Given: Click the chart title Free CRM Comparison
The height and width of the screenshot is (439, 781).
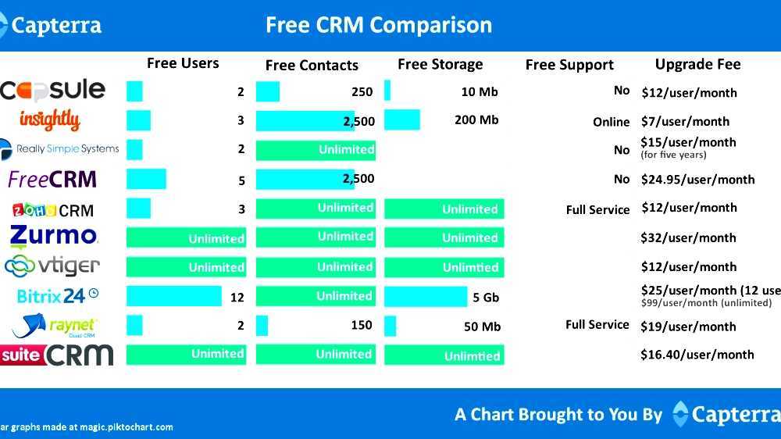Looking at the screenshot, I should (379, 25).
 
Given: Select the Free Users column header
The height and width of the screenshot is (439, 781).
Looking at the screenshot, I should (183, 63).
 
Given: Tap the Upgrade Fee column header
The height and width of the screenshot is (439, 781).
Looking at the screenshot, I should (697, 64).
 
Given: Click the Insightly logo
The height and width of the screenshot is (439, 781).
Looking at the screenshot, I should (49, 120).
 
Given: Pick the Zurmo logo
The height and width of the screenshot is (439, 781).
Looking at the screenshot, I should (54, 236).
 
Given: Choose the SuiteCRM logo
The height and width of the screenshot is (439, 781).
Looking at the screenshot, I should (57, 355).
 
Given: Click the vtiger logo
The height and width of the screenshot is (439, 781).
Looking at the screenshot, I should (52, 266).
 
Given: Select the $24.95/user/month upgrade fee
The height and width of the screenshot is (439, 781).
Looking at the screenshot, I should (697, 180).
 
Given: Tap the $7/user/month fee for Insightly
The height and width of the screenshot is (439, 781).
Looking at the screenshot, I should (685, 121).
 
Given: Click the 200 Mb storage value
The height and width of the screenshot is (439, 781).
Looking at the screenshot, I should (476, 120).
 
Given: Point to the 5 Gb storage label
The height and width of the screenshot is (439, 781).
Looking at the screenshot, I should (486, 297).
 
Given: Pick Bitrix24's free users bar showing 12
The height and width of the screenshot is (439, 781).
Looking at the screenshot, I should (173, 296).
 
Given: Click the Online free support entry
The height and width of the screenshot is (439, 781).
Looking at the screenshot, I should (611, 122).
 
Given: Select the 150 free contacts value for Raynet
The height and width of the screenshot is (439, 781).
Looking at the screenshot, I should (362, 325).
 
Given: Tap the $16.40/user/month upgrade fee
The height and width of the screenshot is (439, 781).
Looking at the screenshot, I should (697, 355).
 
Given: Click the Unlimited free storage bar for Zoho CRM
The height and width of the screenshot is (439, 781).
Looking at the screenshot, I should (444, 209).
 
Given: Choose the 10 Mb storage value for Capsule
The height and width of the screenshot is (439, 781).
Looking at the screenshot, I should (479, 92).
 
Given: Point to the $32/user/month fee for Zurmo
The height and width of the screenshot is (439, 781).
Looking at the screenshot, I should (688, 237).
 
